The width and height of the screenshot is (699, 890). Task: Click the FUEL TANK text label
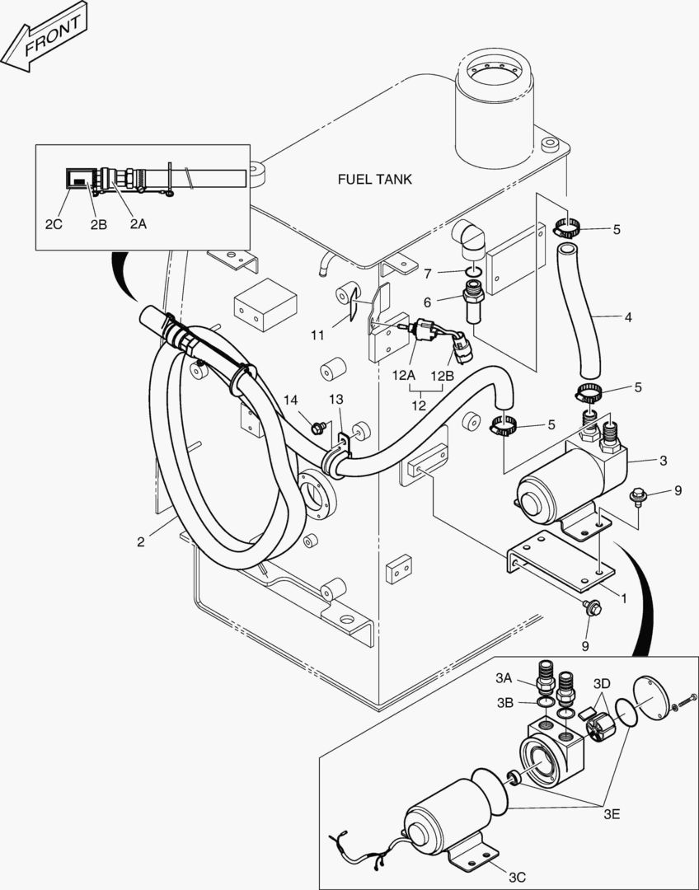375,179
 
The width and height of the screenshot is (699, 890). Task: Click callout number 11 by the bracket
318,334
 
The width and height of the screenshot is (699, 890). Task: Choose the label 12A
403,375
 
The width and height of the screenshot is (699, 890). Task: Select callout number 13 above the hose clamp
335,400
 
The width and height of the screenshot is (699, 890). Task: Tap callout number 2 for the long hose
141,541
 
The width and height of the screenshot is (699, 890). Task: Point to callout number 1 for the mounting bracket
624,598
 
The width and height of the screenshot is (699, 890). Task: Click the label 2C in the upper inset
53,222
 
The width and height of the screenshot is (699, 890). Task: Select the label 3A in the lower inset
504,678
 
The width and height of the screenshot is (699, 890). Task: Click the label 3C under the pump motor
517,877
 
